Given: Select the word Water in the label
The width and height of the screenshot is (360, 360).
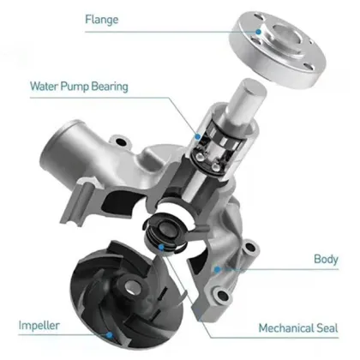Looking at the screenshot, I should tap(45, 86).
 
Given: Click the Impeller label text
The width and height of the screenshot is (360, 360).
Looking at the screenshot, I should tap(39, 327).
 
